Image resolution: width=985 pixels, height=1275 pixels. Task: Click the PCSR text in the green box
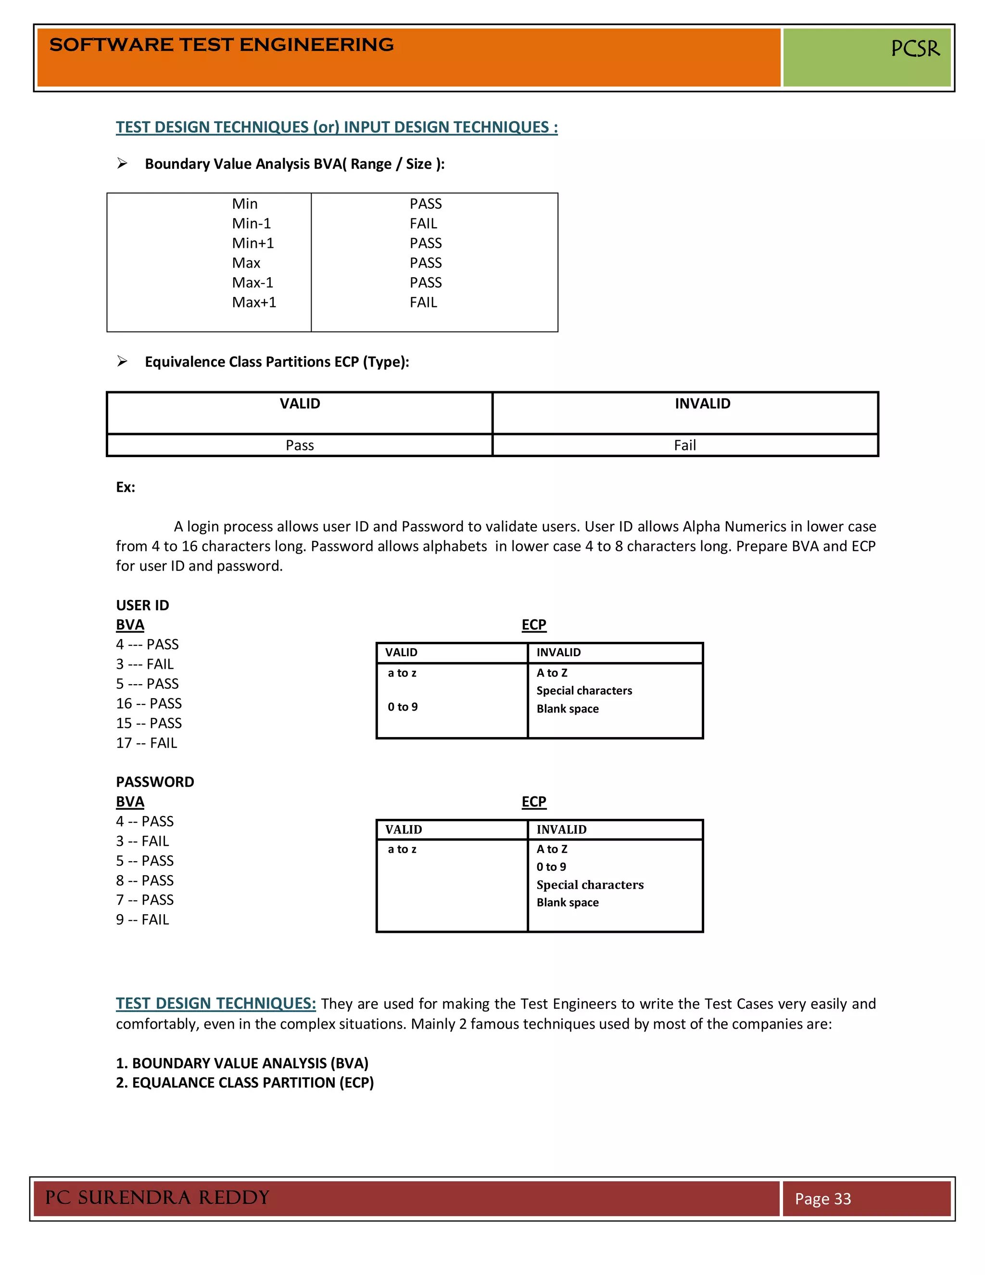pos(914,49)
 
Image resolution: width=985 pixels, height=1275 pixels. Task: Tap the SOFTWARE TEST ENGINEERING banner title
pos(221,44)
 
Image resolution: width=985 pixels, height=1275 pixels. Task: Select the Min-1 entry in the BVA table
pos(252,224)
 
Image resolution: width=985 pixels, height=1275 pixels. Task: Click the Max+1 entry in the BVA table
pos(254,303)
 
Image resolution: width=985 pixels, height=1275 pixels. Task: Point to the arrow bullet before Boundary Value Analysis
pos(122,164)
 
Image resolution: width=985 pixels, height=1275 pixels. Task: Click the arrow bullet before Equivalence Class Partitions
pos(122,361)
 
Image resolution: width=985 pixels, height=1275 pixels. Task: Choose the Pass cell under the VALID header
pos(299,446)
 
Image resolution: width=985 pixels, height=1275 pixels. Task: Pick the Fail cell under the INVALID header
pos(684,446)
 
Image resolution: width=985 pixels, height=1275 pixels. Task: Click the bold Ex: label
pos(126,487)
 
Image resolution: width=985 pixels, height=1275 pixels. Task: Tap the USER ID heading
pos(142,605)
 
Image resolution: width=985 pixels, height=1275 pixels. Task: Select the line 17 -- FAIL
pos(147,743)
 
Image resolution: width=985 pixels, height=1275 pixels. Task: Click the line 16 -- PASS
pos(149,703)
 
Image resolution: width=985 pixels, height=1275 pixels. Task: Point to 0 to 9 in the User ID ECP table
pos(403,707)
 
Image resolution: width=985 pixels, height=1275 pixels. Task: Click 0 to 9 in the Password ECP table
pos(551,867)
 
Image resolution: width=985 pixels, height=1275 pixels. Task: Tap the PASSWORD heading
pos(155,782)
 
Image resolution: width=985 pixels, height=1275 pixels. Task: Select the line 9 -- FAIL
pos(142,920)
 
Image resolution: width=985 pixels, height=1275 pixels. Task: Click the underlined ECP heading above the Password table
pos(533,802)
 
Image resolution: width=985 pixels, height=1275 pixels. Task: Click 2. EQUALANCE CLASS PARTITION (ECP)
pos(244,1083)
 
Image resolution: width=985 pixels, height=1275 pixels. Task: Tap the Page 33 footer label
pos(822,1199)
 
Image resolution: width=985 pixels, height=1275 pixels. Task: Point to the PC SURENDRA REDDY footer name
pos(157,1198)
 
